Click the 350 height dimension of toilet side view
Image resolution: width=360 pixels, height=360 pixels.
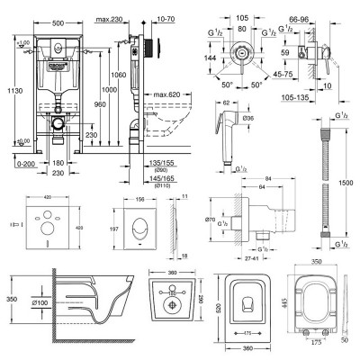point(6,295)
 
